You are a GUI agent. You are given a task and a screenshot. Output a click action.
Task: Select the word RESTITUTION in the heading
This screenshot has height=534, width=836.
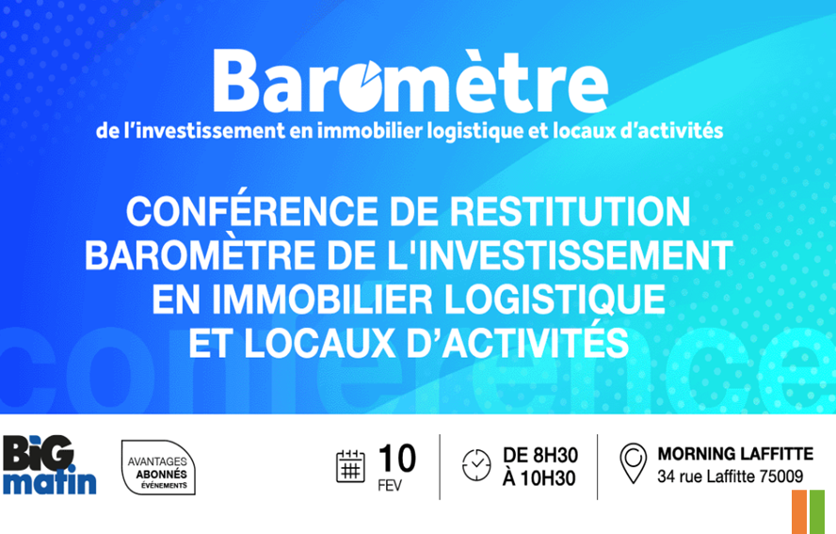click(570, 212)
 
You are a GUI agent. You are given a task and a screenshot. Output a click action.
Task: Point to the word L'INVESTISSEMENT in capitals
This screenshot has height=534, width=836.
click(547, 255)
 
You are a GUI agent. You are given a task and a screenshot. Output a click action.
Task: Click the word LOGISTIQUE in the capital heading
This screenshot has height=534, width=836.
click(555, 299)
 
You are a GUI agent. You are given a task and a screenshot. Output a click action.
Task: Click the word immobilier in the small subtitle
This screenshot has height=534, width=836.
click(371, 131)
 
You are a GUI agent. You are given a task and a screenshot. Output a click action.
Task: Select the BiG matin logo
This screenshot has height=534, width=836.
click(49, 465)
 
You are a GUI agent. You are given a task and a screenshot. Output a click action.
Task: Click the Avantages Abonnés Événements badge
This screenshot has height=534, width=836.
click(158, 467)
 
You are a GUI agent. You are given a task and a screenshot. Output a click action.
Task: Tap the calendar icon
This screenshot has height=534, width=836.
click(350, 466)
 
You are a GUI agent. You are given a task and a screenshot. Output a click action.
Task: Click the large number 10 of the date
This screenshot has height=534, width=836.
click(397, 459)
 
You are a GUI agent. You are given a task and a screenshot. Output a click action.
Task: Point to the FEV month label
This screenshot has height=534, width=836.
click(390, 486)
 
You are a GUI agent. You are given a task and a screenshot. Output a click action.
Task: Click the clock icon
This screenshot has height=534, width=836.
click(476, 465)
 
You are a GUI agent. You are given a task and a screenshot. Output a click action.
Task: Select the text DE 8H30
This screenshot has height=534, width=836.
click(540, 455)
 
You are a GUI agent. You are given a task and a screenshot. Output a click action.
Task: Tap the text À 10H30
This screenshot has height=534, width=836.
click(539, 478)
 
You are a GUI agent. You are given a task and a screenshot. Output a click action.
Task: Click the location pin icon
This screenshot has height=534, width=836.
click(634, 463)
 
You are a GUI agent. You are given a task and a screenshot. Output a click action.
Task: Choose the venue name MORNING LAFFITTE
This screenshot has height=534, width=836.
click(736, 454)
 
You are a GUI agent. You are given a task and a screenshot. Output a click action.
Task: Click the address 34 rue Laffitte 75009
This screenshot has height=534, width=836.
click(731, 477)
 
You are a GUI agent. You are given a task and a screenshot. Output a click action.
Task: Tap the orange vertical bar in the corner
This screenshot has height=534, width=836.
click(799, 512)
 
